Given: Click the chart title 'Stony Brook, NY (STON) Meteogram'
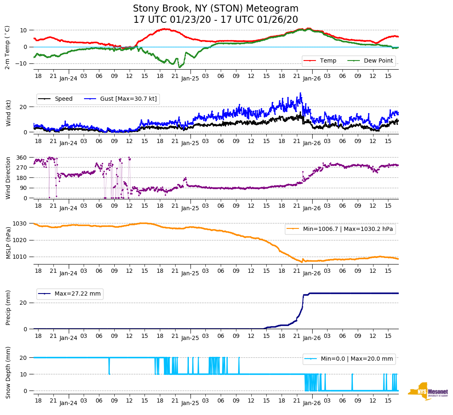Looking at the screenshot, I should pyautogui.click(x=215, y=9).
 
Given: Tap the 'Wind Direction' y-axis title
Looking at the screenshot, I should pyautogui.click(x=9, y=177).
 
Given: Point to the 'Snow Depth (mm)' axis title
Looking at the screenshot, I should pyautogui.click(x=9, y=372).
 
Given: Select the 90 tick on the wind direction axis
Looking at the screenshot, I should pyautogui.click(x=23, y=188).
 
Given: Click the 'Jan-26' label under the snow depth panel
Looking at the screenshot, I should pyautogui.click(x=311, y=403).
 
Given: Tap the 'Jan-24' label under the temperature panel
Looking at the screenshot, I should pyautogui.click(x=68, y=78).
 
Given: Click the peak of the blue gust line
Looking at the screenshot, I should pyautogui.click(x=301, y=93).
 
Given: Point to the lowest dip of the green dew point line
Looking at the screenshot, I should pyautogui.click(x=179, y=67).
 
